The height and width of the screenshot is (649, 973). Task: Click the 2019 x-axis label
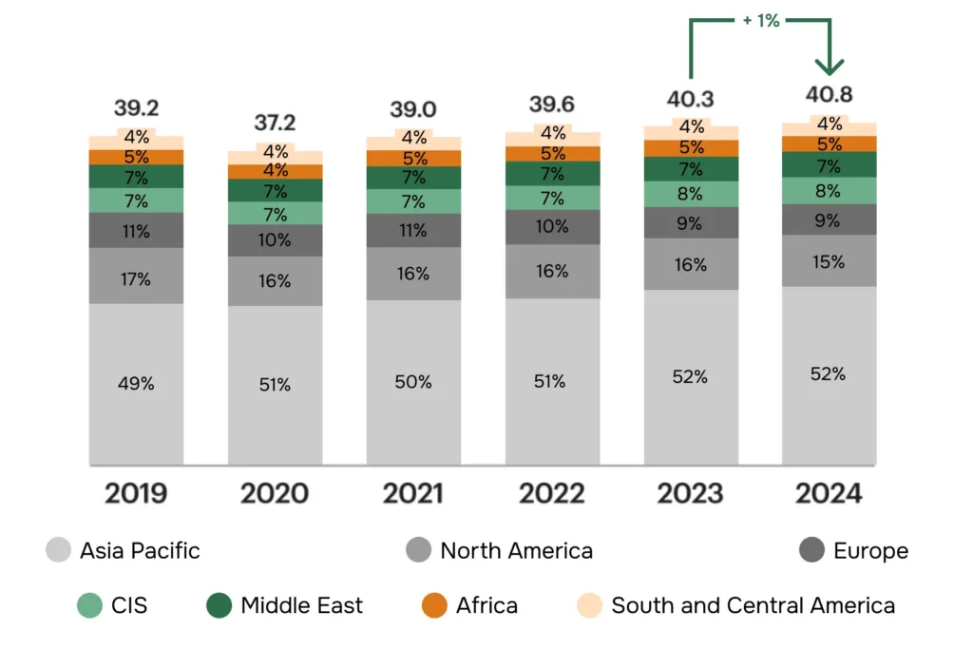click(136, 493)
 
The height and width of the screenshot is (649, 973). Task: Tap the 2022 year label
click(552, 493)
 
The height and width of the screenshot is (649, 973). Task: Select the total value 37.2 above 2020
click(275, 123)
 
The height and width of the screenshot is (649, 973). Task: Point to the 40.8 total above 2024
click(829, 94)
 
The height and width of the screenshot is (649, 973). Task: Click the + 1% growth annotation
click(761, 21)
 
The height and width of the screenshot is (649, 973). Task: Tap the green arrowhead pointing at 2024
click(830, 66)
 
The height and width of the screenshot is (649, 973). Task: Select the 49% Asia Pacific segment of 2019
click(136, 384)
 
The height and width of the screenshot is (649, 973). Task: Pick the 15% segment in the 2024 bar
click(829, 260)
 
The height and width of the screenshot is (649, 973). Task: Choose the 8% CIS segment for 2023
click(691, 194)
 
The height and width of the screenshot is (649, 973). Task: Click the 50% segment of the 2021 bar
click(413, 382)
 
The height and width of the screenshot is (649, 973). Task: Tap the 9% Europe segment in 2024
click(829, 220)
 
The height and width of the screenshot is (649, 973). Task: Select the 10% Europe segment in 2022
click(552, 227)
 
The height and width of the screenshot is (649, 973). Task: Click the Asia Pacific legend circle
click(58, 550)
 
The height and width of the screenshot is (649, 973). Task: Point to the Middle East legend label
click(301, 605)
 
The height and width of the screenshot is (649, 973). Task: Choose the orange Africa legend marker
click(434, 605)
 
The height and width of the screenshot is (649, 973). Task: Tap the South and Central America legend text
click(753, 605)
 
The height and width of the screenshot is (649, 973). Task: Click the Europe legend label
click(870, 551)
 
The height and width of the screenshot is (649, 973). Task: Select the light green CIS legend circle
click(90, 605)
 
